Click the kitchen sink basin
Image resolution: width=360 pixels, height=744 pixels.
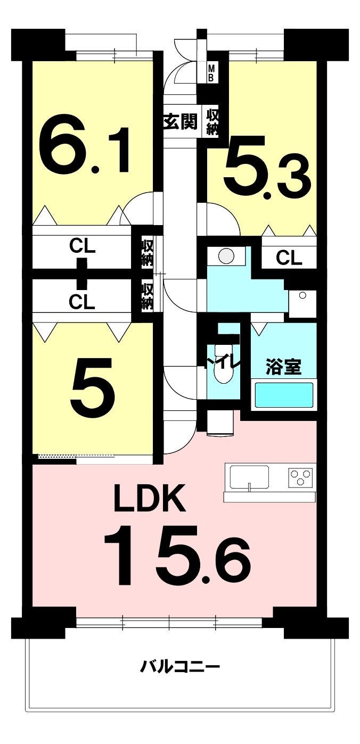[249, 477]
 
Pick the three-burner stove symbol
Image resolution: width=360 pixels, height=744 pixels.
[300, 477]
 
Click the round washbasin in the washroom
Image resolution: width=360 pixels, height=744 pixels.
[226, 255]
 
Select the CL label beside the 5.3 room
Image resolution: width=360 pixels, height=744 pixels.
[289, 258]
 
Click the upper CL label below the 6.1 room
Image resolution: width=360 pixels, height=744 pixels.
[82, 246]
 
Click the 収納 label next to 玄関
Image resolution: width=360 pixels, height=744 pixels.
[212, 122]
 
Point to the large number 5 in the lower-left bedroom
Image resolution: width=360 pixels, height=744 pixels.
[93, 384]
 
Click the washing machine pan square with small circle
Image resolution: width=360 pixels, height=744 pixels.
[302, 304]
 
